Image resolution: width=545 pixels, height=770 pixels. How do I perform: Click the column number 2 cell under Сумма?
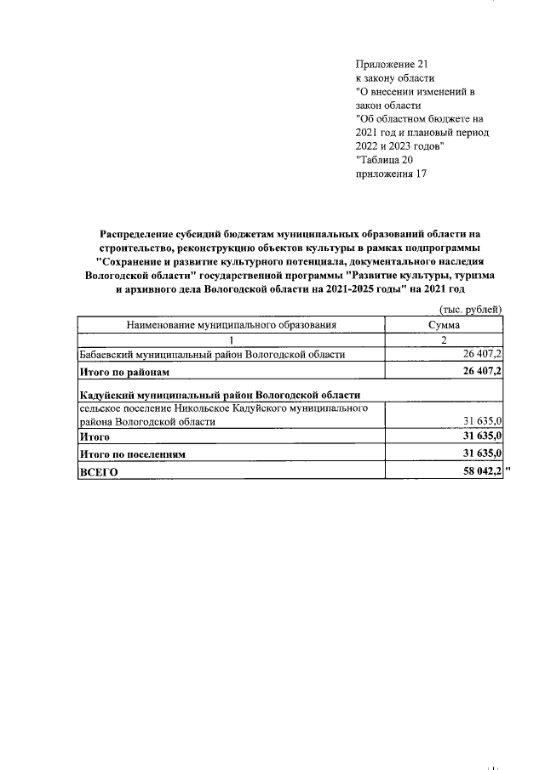(444, 339)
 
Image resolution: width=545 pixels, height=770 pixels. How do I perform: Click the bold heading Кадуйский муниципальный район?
(219, 394)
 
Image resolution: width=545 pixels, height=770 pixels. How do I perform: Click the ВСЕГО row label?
(98, 471)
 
